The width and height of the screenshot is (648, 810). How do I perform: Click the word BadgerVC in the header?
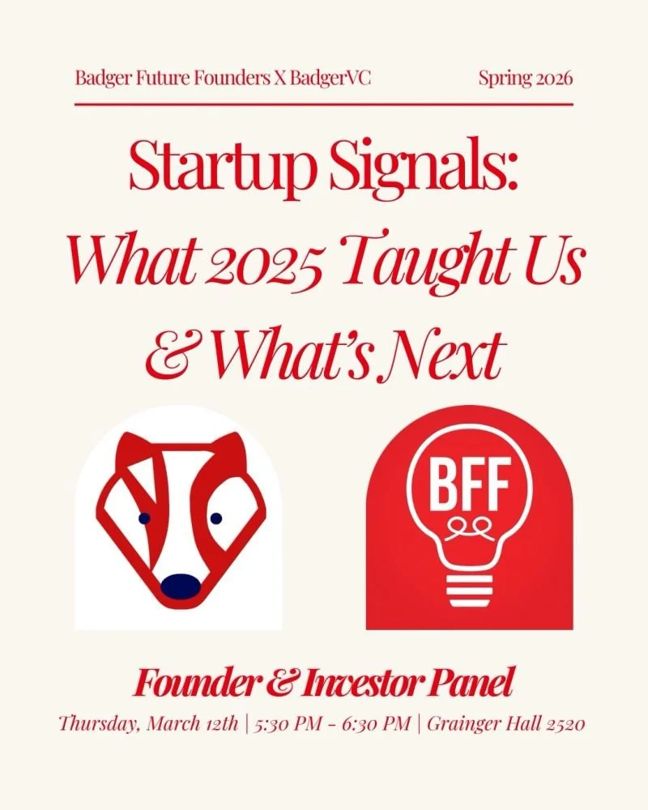[327, 79]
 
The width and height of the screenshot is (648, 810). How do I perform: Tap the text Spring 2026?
[526, 79]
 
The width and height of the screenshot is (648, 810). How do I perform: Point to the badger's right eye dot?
[216, 518]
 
